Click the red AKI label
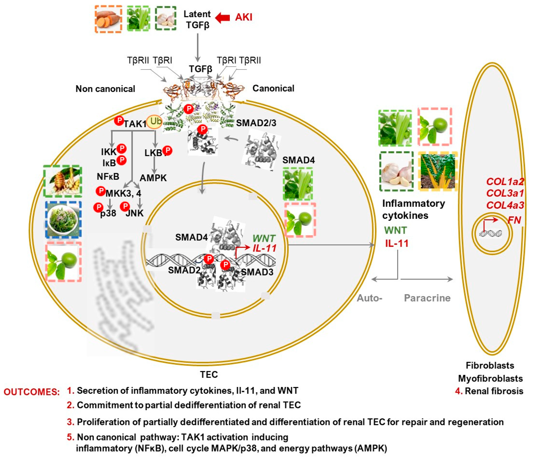243,17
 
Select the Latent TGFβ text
197,19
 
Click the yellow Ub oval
155,121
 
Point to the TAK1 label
135,124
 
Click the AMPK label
153,178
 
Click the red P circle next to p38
98,207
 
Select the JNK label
135,213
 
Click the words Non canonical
105,89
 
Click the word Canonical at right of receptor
273,88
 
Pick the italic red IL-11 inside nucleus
265,248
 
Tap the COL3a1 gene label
505,193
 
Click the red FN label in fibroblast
514,220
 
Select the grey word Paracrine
427,298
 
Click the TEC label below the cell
209,374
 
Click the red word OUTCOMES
31,392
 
